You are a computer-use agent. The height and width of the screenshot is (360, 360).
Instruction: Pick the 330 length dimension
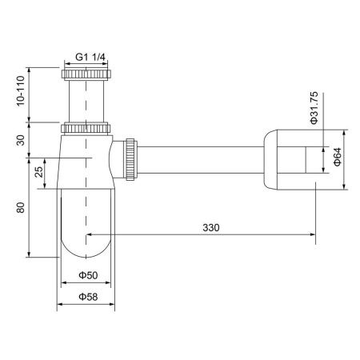[210, 227]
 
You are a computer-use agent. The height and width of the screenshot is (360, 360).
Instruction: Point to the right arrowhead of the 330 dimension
[310, 235]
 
